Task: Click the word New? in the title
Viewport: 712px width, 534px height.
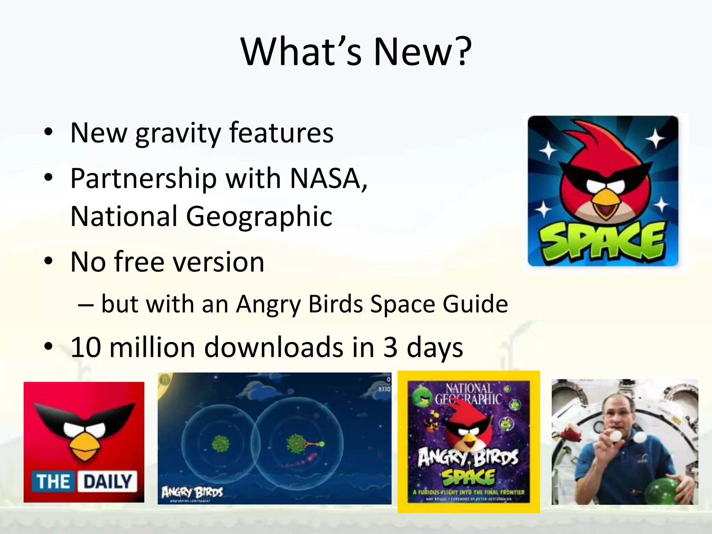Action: [x=422, y=52]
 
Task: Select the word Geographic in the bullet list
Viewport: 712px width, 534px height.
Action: [x=259, y=217]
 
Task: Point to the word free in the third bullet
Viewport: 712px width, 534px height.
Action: [x=139, y=262]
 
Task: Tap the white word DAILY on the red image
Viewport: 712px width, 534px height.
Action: [x=107, y=482]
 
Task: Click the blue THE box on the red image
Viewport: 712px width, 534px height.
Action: [x=53, y=482]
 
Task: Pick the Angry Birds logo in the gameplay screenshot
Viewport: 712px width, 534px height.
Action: [x=192, y=492]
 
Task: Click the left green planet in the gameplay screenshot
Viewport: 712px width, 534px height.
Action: [x=220, y=444]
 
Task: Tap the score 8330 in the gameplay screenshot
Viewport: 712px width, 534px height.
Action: [x=384, y=389]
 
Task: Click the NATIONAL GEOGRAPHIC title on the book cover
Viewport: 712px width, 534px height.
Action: [x=469, y=394]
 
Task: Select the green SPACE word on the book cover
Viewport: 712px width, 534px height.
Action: [x=468, y=477]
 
